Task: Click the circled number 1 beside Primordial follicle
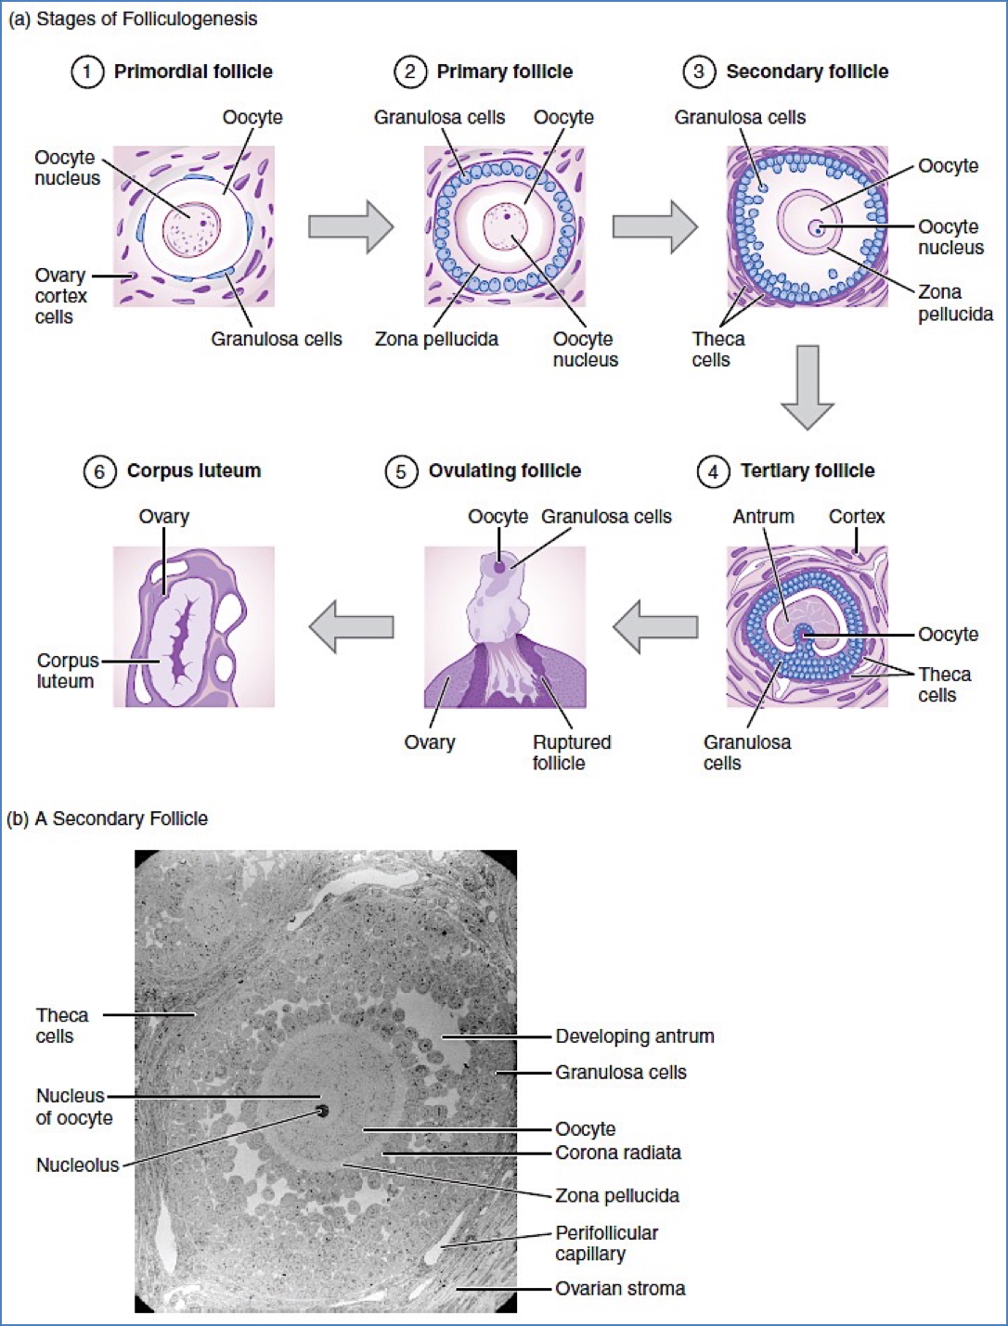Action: tap(87, 71)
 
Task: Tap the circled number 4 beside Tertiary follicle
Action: tap(713, 471)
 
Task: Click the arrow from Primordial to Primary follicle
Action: tap(350, 226)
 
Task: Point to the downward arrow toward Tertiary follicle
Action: tap(807, 387)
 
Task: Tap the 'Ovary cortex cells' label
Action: tap(60, 296)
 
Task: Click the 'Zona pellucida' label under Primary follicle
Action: tap(436, 340)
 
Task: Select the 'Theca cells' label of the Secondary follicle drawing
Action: tap(717, 349)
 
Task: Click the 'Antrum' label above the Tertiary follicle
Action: tap(763, 517)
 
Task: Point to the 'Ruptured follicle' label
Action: tap(571, 753)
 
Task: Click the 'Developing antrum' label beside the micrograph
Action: tap(635, 1036)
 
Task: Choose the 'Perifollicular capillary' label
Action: tap(606, 1243)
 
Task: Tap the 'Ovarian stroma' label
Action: tap(620, 1289)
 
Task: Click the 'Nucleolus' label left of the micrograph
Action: tap(78, 1165)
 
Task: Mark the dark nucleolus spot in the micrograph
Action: tap(322, 1110)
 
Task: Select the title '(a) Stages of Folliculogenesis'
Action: tap(133, 19)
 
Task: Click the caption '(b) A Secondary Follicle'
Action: tap(108, 818)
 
